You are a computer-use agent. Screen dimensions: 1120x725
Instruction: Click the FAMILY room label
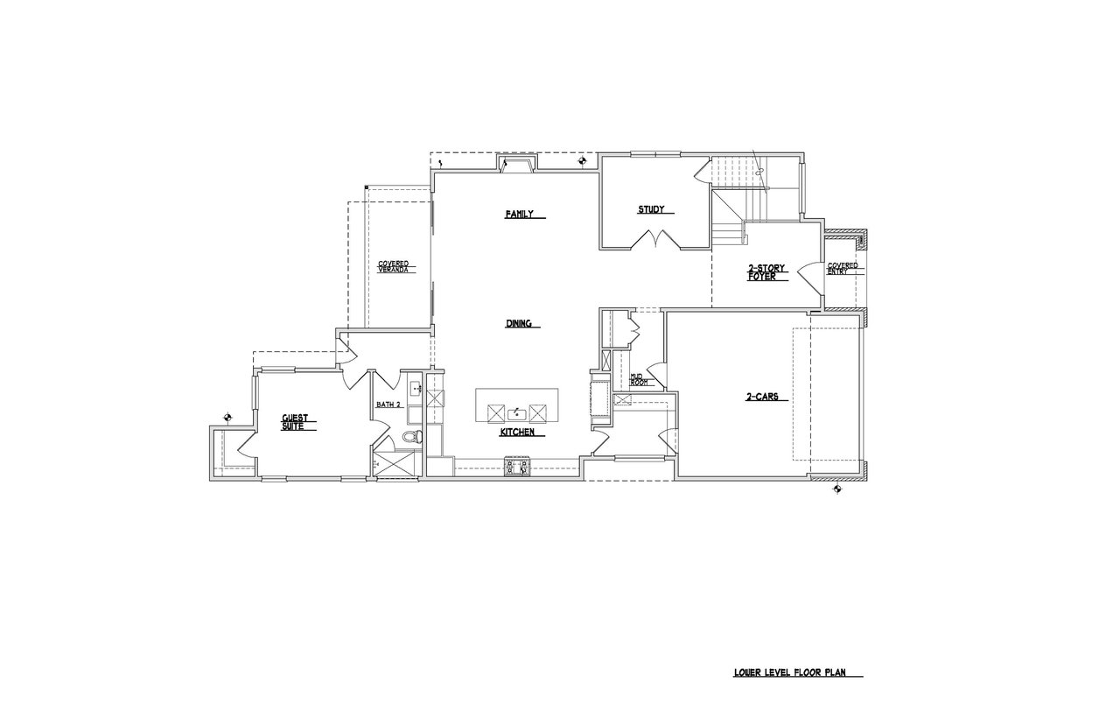click(519, 215)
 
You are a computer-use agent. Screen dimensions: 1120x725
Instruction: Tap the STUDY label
click(651, 209)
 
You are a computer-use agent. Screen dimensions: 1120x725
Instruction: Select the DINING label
click(518, 323)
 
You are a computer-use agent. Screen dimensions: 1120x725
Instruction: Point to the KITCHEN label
click(517, 432)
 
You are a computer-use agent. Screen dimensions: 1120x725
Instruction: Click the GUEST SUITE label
click(295, 422)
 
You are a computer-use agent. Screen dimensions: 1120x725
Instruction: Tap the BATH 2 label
click(389, 405)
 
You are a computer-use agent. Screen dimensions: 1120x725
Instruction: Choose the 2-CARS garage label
click(762, 397)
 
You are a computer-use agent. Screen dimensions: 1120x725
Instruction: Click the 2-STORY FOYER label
click(766, 272)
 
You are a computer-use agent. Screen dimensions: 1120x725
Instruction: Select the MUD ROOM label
click(638, 379)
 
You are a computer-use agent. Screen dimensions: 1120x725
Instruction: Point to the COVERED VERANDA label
click(393, 267)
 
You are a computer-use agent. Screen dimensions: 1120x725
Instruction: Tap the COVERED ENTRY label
click(843, 269)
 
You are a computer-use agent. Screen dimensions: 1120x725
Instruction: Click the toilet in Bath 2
click(412, 437)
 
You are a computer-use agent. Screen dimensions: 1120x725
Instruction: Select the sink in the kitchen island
click(516, 414)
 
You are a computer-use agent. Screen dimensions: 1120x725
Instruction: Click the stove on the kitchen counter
click(517, 467)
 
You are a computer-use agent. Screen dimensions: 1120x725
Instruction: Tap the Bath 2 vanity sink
click(416, 388)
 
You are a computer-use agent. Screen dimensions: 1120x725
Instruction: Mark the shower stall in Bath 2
click(397, 464)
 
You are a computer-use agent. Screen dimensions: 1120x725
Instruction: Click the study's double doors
click(655, 239)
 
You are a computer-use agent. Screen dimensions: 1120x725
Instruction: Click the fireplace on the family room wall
click(517, 164)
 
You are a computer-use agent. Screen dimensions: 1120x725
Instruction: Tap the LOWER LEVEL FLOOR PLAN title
click(789, 673)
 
